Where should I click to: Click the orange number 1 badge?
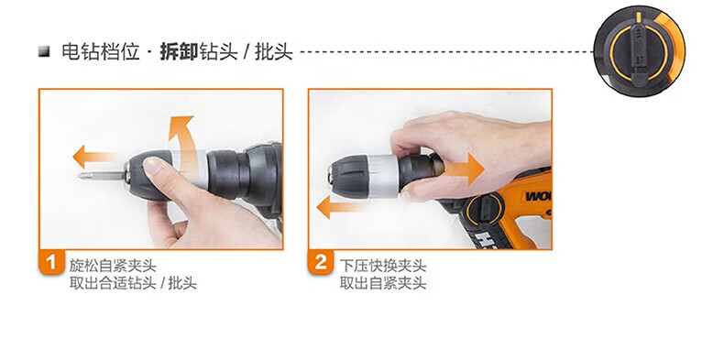[x=51, y=262]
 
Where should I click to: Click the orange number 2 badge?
[x=321, y=262]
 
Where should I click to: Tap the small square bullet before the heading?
[x=44, y=50]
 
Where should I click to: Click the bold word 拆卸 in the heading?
[x=179, y=51]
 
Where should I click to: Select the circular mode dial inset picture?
[x=639, y=50]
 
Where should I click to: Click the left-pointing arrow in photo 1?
[x=94, y=157]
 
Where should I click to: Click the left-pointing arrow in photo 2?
[x=342, y=207]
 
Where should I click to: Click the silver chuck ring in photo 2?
[x=382, y=176]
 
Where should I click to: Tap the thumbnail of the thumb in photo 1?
[x=153, y=166]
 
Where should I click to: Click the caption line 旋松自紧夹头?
[x=113, y=266]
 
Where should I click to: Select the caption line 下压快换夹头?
[x=383, y=266]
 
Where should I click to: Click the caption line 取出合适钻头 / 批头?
[x=133, y=283]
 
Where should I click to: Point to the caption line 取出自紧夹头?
[x=383, y=283]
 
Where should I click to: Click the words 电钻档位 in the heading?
[x=100, y=51]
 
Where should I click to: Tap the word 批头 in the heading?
[x=274, y=51]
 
